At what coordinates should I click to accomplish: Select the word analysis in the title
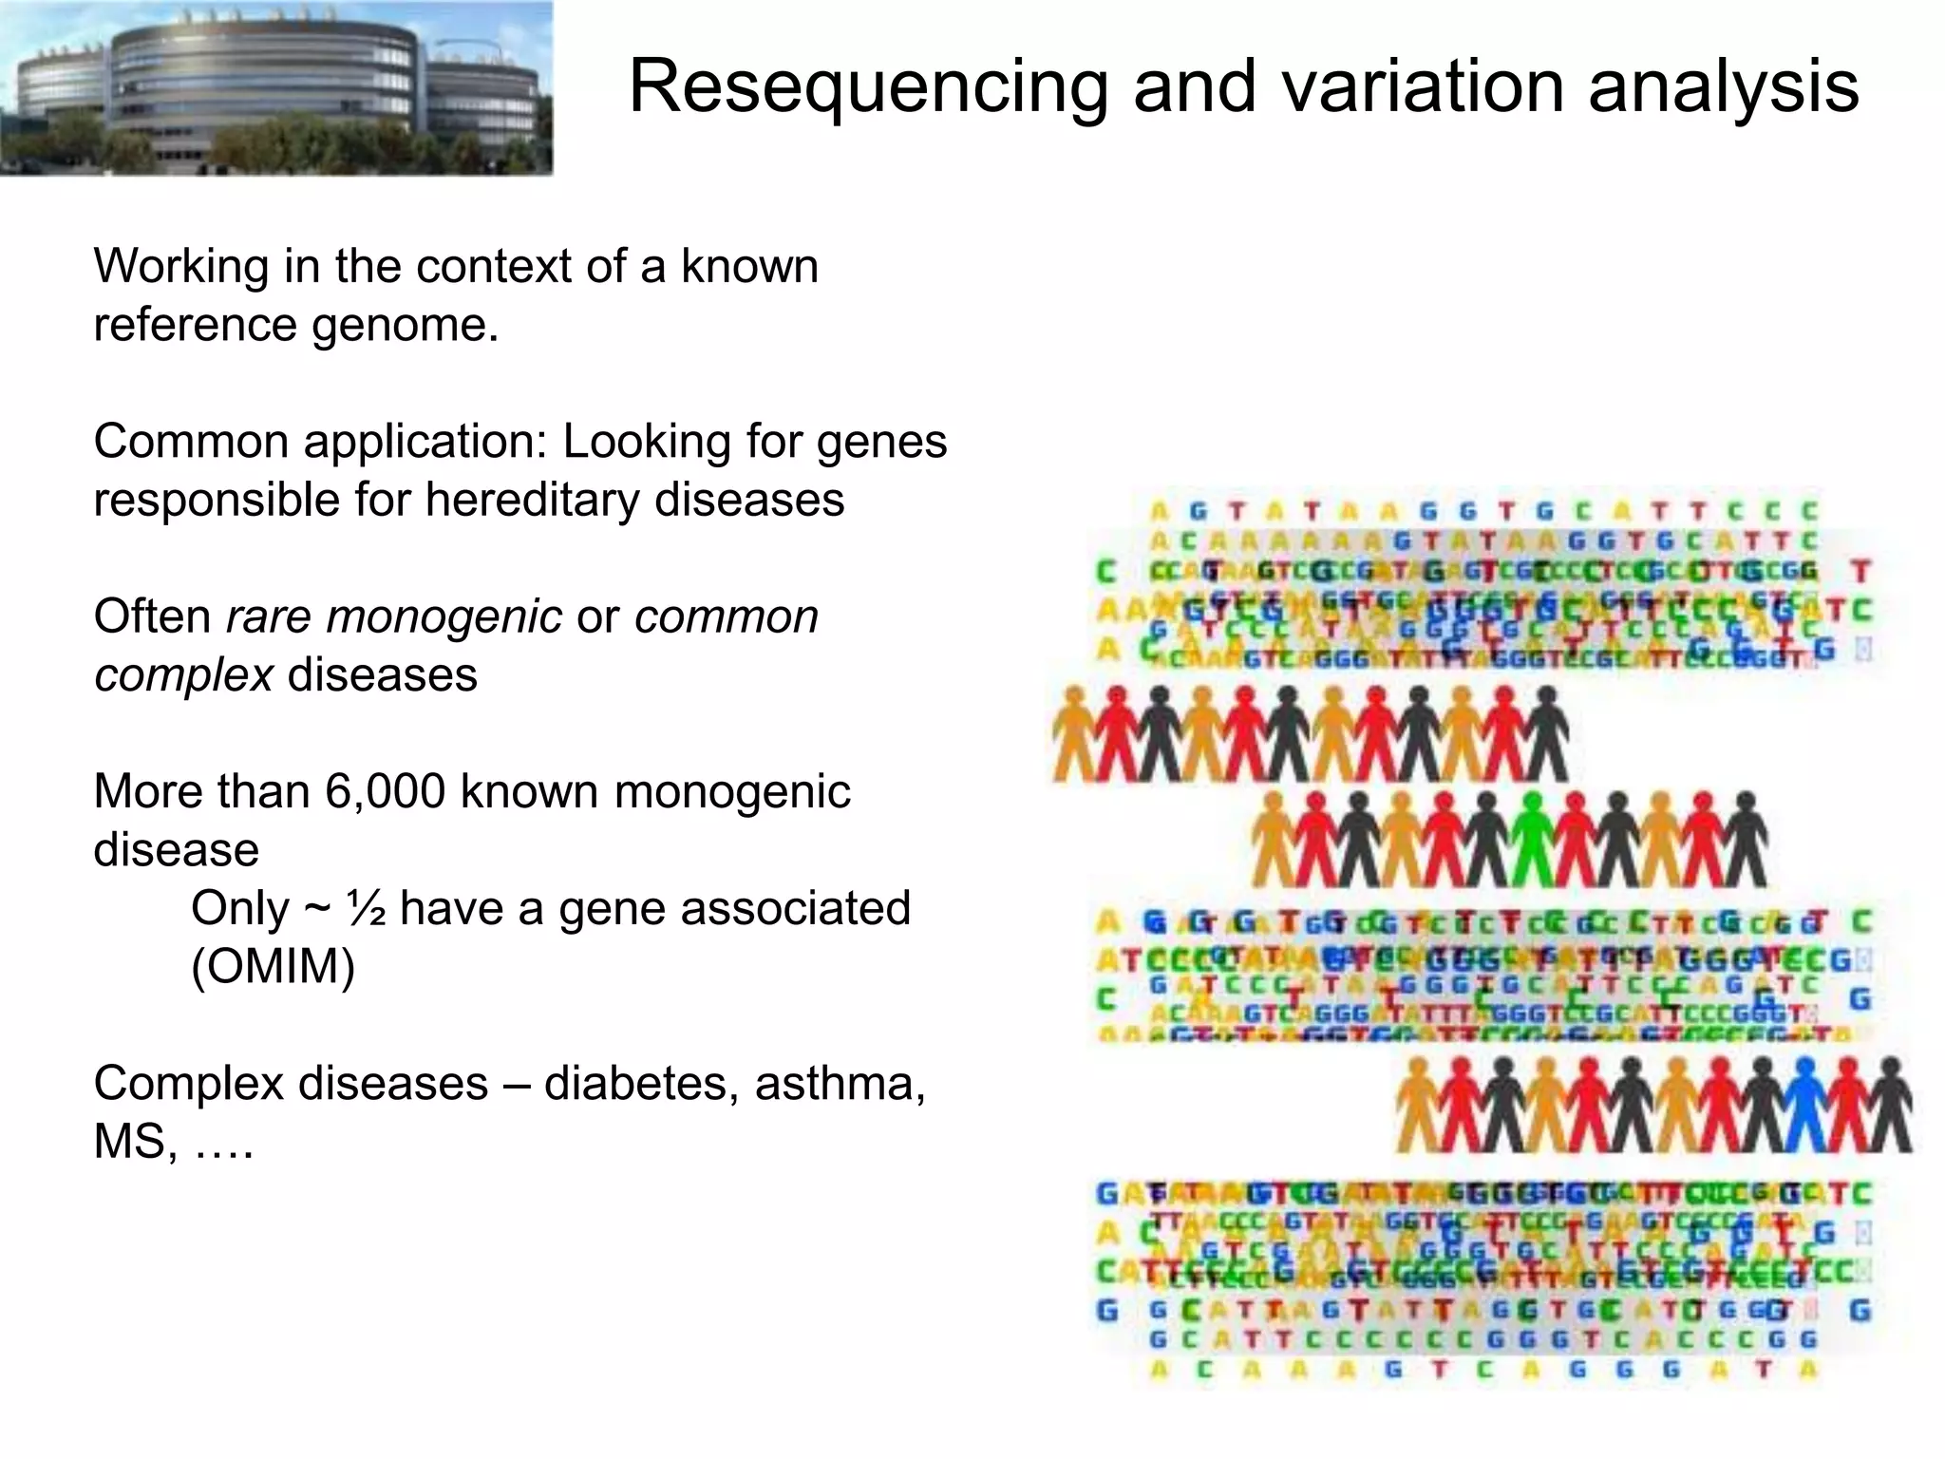[1723, 87]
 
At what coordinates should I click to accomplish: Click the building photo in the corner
[275, 87]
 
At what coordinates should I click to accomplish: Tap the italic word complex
[183, 675]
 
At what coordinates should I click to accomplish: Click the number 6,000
[385, 792]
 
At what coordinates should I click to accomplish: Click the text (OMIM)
[274, 967]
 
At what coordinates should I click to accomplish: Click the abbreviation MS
[133, 1142]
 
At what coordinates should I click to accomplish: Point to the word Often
[152, 617]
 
